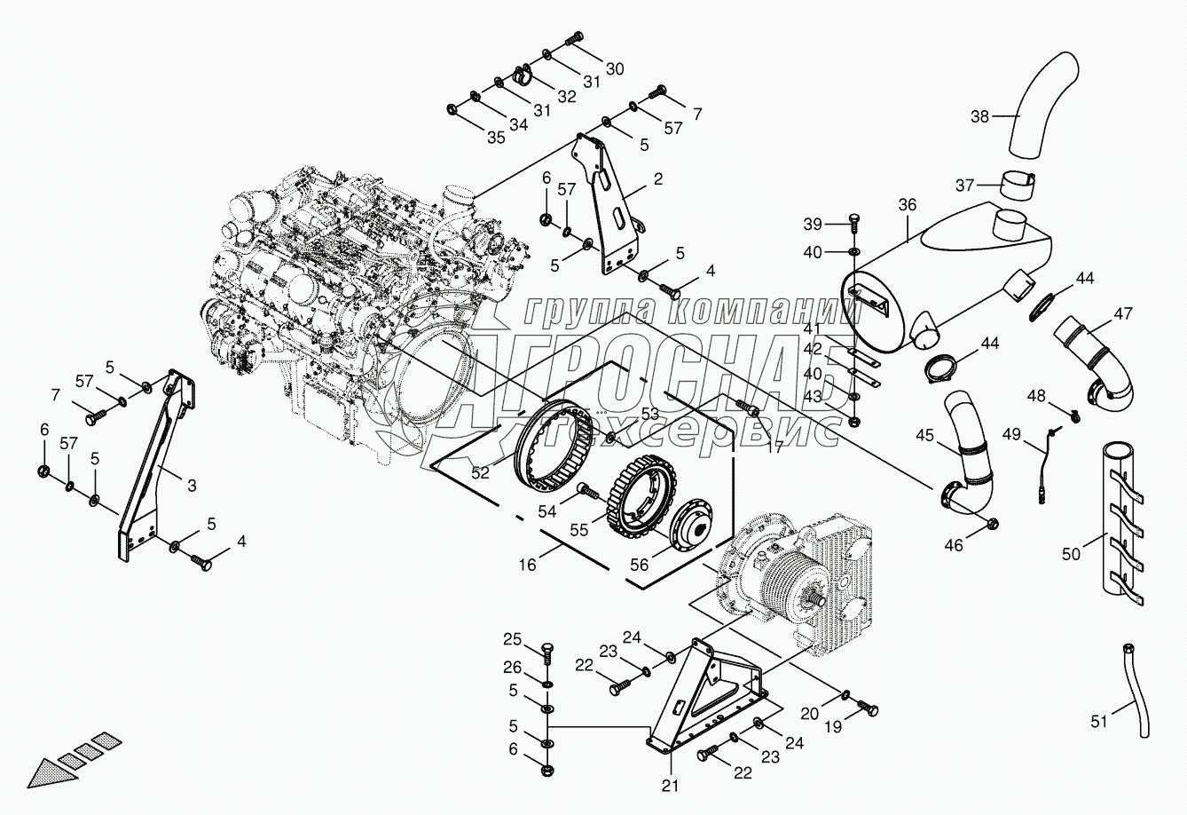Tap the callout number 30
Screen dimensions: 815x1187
pos(615,67)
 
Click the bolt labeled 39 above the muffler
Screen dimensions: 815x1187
pos(854,221)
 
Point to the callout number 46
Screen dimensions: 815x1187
pos(954,545)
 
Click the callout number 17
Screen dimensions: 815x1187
pos(774,448)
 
